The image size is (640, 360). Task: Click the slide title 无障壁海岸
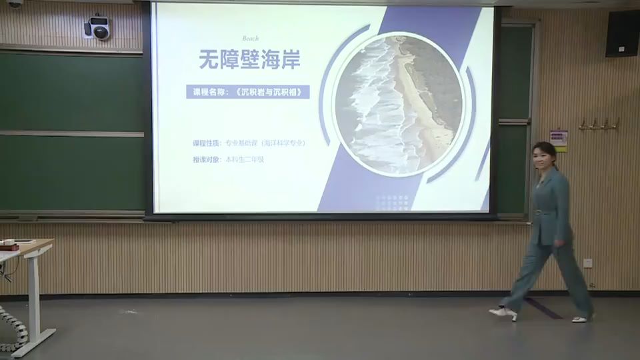tap(249, 60)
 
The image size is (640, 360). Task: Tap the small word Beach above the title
tap(251, 39)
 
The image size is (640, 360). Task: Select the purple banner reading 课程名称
tap(248, 92)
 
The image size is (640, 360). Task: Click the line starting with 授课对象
tap(228, 159)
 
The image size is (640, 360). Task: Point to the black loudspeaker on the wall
tap(623, 33)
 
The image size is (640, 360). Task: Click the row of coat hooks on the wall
tap(599, 125)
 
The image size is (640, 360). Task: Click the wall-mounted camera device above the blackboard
tap(98, 27)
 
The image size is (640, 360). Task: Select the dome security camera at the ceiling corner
tap(15, 3)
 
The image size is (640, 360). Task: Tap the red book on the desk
tap(9, 246)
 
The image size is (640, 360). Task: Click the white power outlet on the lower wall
tap(588, 263)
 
